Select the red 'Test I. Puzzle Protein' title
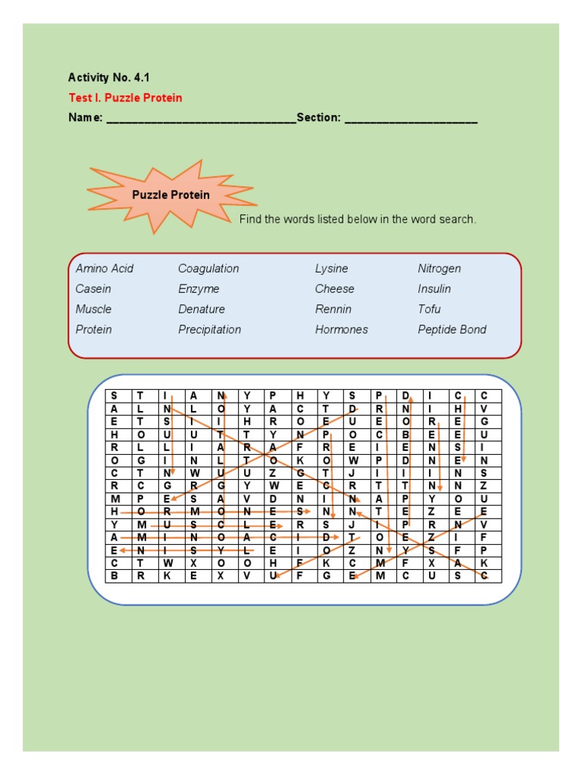125,98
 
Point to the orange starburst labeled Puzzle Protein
171,195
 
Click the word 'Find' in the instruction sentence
251,219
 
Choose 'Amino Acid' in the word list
105,269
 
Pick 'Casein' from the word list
93,289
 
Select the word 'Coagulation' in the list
208,269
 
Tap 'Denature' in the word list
202,310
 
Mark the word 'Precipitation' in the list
210,330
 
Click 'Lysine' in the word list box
332,269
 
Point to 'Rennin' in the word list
333,310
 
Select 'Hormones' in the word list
342,330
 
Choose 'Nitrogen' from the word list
440,269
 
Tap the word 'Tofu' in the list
429,310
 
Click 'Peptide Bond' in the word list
452,330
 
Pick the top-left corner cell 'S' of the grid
114,396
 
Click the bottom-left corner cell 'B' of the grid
114,576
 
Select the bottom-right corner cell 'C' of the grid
484,576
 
